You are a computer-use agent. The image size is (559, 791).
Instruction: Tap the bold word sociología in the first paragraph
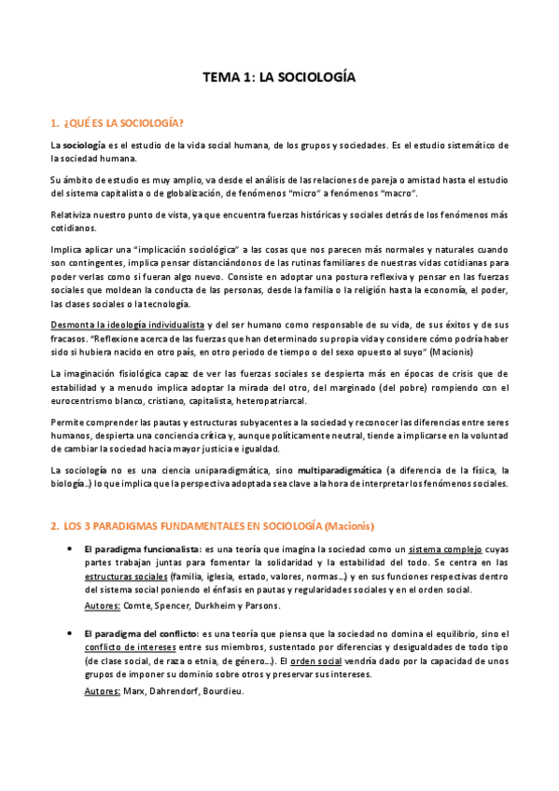click(x=84, y=145)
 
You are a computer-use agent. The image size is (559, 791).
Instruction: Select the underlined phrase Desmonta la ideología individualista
click(x=126, y=326)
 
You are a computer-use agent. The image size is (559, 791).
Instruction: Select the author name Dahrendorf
click(x=162, y=690)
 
